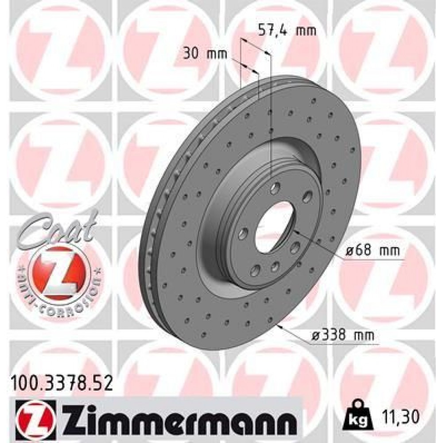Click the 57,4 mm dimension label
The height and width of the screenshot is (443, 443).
tap(287, 31)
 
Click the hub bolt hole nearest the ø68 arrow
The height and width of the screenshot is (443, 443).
tap(295, 248)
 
